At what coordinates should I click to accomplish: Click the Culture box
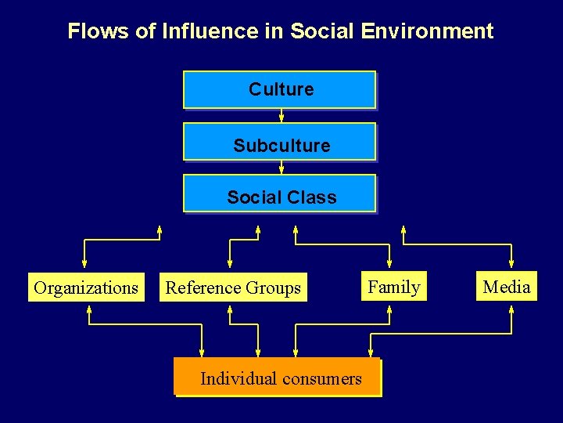pyautogui.click(x=280, y=89)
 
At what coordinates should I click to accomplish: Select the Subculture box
pyautogui.click(x=280, y=145)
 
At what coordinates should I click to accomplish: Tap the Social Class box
pyautogui.click(x=280, y=197)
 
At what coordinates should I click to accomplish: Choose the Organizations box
pyautogui.click(x=86, y=287)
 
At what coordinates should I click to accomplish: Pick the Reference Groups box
pyautogui.click(x=233, y=287)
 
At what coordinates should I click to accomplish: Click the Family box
pyautogui.click(x=394, y=287)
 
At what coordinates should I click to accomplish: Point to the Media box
pyautogui.click(x=507, y=287)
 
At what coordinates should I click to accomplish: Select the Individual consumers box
pyautogui.click(x=278, y=378)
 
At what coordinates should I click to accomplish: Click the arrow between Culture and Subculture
pyautogui.click(x=281, y=116)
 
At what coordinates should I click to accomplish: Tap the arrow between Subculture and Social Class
pyautogui.click(x=281, y=168)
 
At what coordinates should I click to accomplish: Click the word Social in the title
pyautogui.click(x=322, y=31)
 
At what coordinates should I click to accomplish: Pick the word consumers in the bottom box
pyautogui.click(x=322, y=379)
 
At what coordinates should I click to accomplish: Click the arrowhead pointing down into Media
pyautogui.click(x=511, y=264)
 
